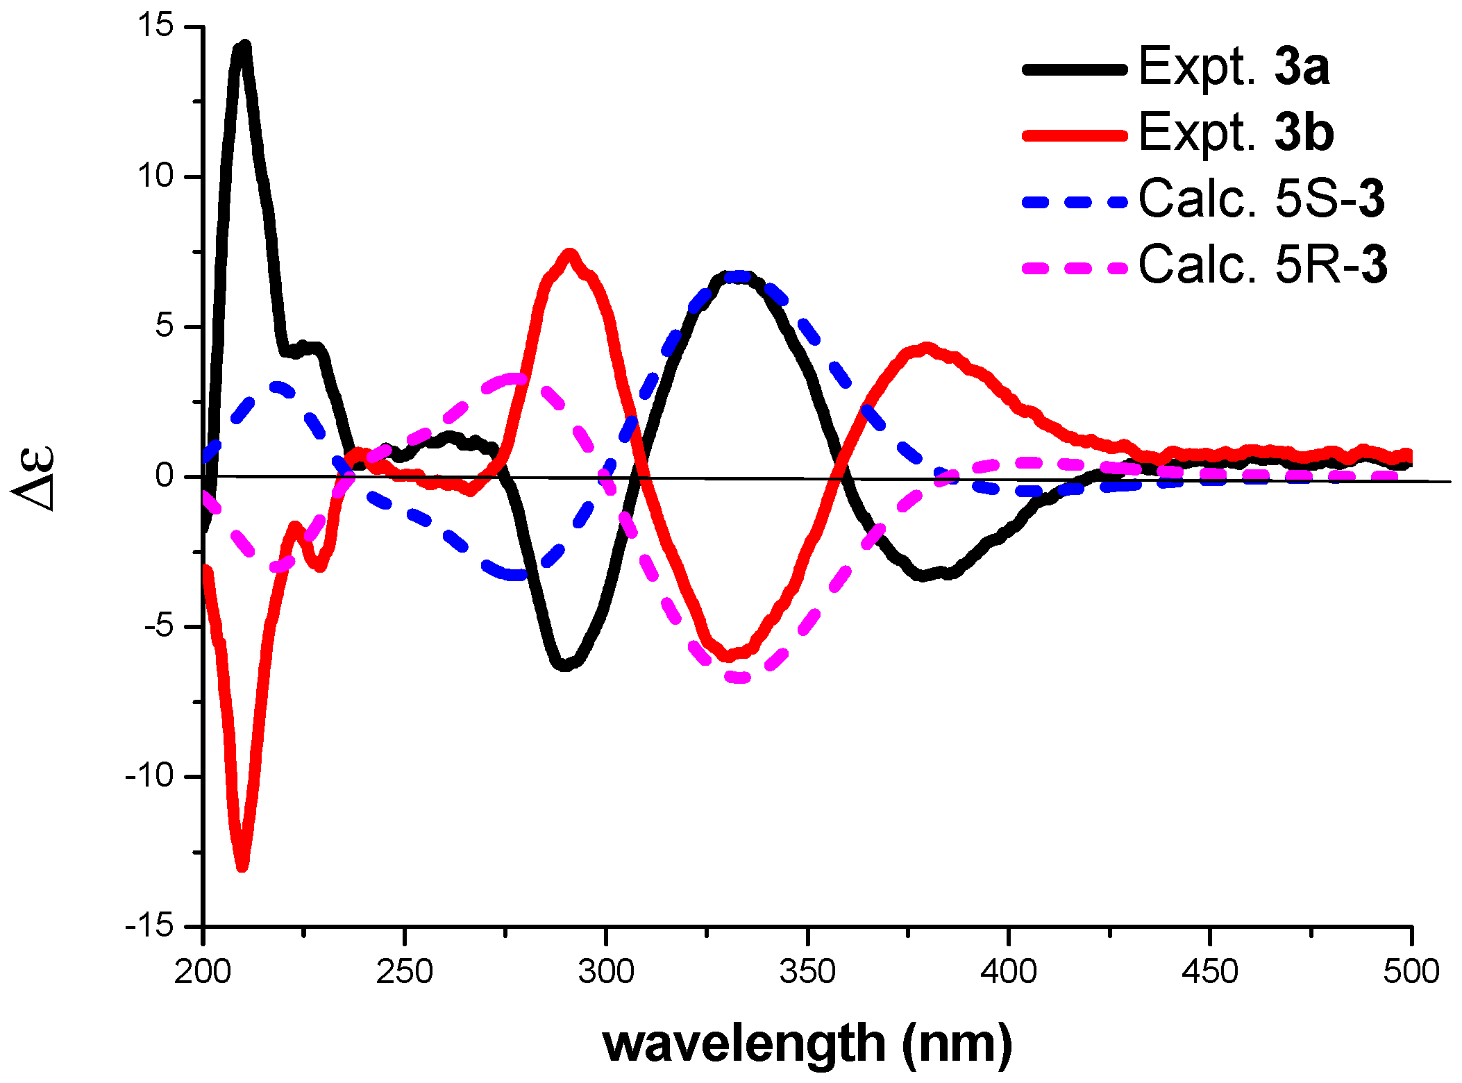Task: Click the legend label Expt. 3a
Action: click(x=1234, y=67)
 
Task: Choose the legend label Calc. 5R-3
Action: click(x=1263, y=265)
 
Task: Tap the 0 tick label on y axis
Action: click(x=165, y=476)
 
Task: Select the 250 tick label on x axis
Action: click(x=404, y=972)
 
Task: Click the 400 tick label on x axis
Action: click(x=1008, y=972)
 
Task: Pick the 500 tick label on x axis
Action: click(x=1411, y=972)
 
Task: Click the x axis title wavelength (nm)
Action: click(x=807, y=1043)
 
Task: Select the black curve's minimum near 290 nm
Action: click(x=564, y=665)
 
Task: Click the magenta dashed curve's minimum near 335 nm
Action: click(x=740, y=677)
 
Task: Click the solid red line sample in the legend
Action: click(x=1074, y=134)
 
